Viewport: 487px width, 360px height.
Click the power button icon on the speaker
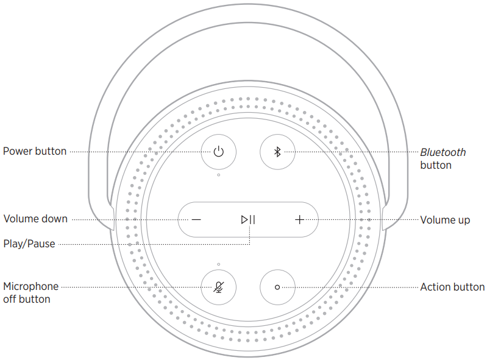218,152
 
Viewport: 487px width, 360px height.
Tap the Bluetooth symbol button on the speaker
277,152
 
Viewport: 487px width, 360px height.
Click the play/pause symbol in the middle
248,219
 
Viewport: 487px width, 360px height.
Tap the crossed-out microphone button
218,286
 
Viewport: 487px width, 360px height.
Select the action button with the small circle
277,286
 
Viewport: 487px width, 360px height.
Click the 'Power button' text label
35,151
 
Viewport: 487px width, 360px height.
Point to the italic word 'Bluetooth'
443,152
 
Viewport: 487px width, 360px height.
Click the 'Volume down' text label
35,219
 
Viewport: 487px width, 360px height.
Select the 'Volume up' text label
445,219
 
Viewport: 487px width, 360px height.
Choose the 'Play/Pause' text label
29,244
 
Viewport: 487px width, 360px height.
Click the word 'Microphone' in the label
31,286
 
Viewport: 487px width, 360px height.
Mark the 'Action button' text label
452,287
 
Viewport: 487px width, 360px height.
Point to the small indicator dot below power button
218,175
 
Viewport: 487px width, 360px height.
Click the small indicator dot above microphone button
218,264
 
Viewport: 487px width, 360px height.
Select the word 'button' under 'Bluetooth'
436,165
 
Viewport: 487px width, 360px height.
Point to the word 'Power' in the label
18,151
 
